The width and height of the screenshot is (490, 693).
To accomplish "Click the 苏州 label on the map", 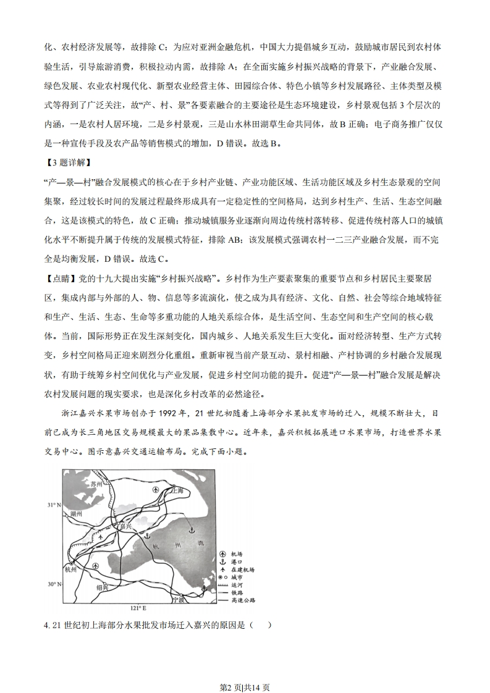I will [x=95, y=484].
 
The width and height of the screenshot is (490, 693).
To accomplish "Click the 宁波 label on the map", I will [x=179, y=598].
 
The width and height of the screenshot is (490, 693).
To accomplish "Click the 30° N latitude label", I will [x=54, y=584].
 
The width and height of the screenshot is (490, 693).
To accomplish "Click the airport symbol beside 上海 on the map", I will [x=156, y=489].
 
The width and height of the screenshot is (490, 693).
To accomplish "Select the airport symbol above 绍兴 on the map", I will [x=95, y=566].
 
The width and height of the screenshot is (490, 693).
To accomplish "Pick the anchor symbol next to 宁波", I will [x=205, y=589].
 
